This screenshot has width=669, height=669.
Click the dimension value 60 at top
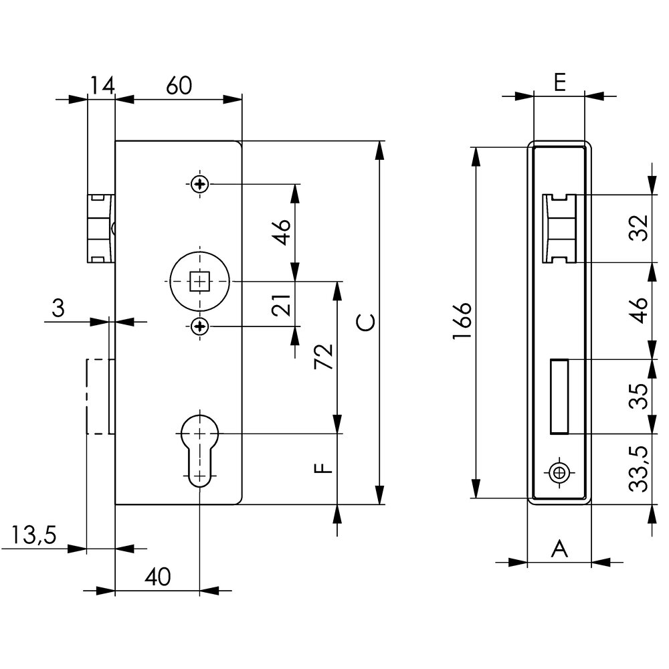(179, 86)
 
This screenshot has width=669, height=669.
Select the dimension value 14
(102, 86)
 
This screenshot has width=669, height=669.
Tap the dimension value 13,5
(33, 535)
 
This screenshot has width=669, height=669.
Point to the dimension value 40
(157, 577)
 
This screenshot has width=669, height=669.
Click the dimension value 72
(324, 357)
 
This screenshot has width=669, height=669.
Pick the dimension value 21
(281, 305)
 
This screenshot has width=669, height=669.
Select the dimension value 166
(462, 321)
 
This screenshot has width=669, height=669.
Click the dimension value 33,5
(639, 469)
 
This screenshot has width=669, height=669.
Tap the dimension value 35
(639, 396)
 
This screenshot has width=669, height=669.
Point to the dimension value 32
(639, 228)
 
